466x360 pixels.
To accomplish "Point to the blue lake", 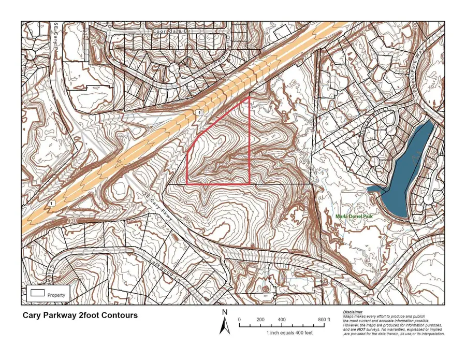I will [409, 171].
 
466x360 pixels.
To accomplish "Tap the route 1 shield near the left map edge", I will [52, 204].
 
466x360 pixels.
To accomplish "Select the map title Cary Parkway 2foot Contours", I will [80, 315].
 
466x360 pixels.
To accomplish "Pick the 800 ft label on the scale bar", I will [323, 320].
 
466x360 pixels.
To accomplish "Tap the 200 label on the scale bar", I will [261, 320].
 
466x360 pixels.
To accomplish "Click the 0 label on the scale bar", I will [240, 320].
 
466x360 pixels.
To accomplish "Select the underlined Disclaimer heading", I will [354, 312].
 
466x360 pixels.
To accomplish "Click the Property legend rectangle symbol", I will [37, 293].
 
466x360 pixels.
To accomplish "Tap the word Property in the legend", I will [56, 295].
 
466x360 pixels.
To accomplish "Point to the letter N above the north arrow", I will [225, 312].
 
